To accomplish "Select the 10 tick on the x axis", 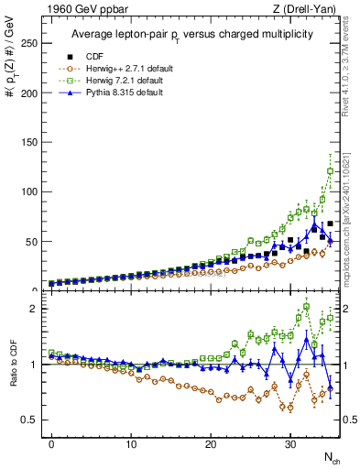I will (131, 443).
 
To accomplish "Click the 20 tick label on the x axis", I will (211, 443).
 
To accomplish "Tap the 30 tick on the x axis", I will (290, 443).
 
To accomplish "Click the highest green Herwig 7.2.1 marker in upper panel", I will (331, 170).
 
